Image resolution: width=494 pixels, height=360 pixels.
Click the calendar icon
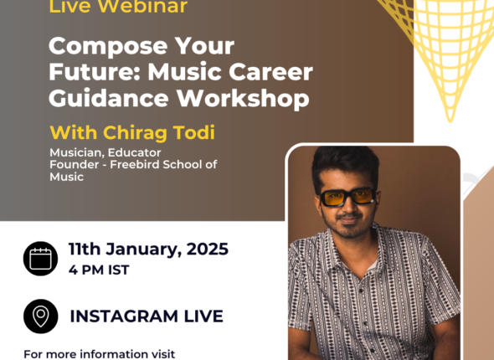[x=41, y=259]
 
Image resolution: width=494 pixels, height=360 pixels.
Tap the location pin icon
[x=41, y=316]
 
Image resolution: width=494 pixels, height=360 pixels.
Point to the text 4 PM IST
[x=99, y=270]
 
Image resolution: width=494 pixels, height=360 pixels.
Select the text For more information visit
[x=99, y=353]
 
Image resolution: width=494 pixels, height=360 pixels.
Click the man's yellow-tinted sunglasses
[x=347, y=197]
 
